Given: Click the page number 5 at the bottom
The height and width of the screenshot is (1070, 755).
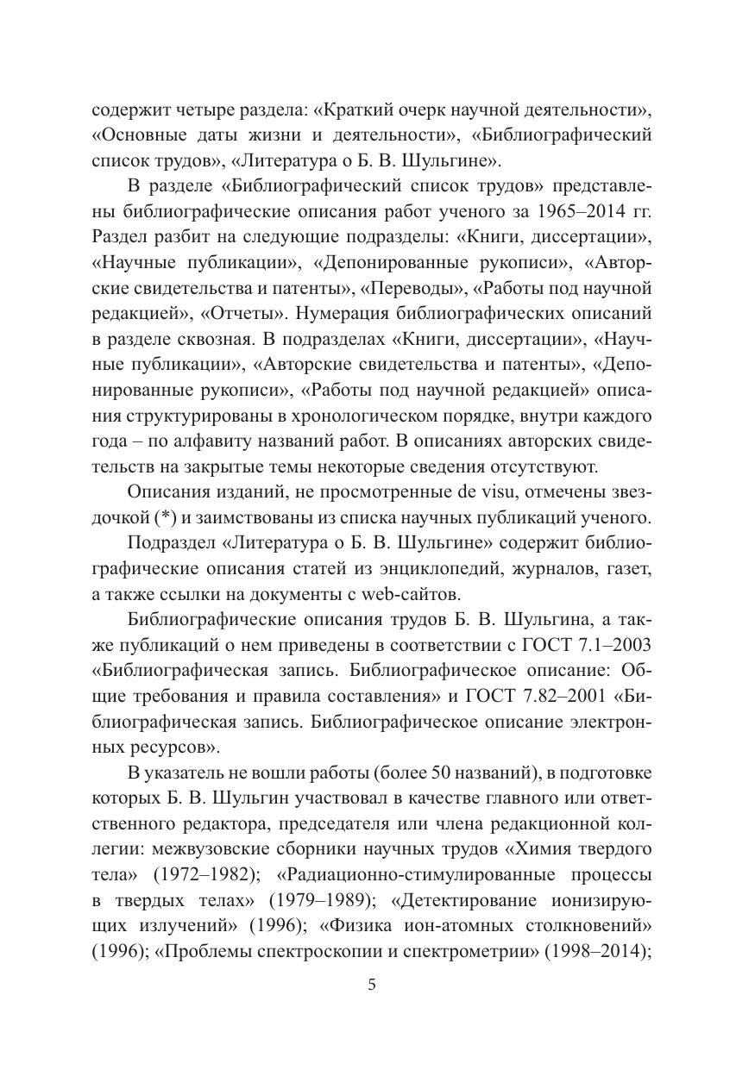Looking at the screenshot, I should coord(372,986).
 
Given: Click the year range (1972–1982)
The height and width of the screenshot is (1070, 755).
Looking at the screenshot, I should coord(208,873).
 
